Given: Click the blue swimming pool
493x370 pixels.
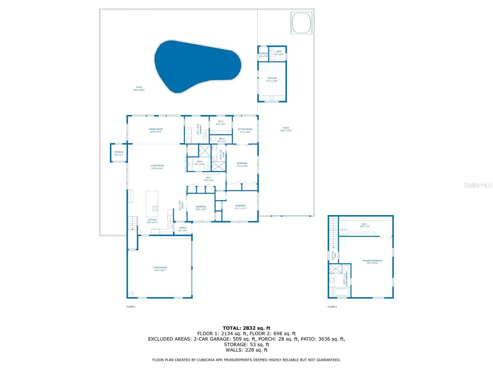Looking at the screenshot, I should point(194,66).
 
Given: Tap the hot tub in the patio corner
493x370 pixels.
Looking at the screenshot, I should point(301,23).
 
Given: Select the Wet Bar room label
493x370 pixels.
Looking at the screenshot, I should point(272,80).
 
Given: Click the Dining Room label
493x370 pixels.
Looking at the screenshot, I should point(156,130).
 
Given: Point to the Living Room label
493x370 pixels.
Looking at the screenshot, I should point(157,167).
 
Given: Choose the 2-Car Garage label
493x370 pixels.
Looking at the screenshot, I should point(160,269).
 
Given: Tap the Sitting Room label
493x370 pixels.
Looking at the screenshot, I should point(245,130).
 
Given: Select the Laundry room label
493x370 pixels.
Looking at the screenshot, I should point(199,129).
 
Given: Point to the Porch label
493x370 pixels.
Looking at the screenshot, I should point(183,229).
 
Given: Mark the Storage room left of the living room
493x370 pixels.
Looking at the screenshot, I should point(119,153).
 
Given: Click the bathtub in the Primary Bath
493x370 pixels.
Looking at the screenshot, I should point(340,292).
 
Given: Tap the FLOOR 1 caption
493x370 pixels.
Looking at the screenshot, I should point(131,307).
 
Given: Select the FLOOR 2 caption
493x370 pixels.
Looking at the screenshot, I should point(332,307).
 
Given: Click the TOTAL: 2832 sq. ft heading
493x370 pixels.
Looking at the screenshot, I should point(246,328).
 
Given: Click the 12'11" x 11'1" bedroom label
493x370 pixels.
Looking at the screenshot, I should point(240,207).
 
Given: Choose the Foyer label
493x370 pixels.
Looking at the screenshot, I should point(181,205).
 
